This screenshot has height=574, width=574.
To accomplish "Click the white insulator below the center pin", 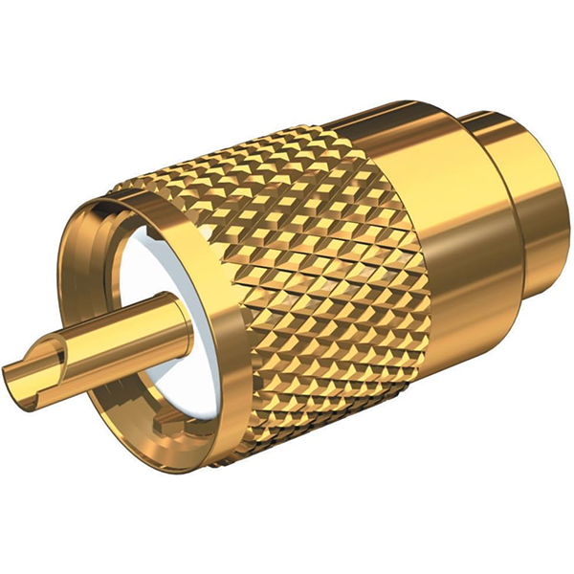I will (182, 373).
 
